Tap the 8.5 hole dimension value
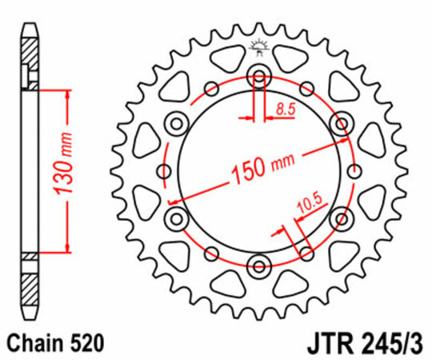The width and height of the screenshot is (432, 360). [x=284, y=106]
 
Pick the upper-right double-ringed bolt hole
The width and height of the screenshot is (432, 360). [x=342, y=123]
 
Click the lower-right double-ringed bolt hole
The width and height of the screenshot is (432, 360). [x=342, y=218]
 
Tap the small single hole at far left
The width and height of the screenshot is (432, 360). [x=164, y=171]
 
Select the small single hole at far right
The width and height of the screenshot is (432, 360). [x=353, y=171]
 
